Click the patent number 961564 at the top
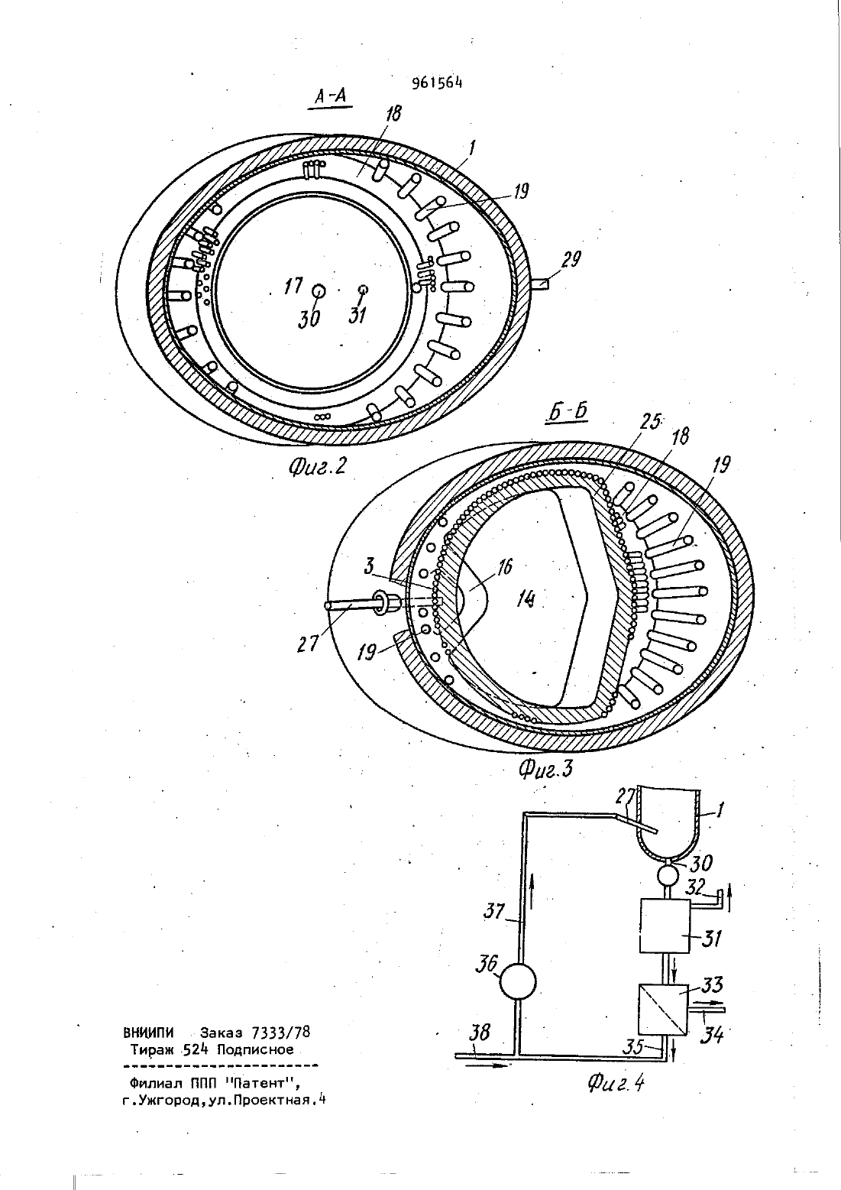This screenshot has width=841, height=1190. (x=437, y=83)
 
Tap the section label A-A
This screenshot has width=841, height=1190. (x=330, y=96)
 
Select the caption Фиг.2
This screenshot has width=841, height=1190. (x=317, y=466)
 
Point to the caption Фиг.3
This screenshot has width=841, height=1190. (x=545, y=784)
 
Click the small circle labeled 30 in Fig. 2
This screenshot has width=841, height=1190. (x=319, y=291)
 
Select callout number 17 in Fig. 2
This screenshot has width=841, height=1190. (x=293, y=286)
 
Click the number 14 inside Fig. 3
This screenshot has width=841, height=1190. (x=525, y=599)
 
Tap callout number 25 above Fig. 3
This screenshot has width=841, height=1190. (x=649, y=423)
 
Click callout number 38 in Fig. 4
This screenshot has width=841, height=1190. (x=480, y=1033)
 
